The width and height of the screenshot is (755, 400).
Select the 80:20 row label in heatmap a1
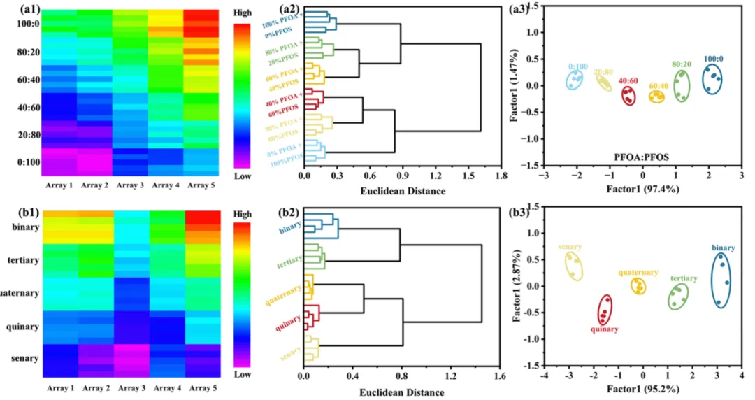26,51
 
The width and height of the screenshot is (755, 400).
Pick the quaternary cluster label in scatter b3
638,272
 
